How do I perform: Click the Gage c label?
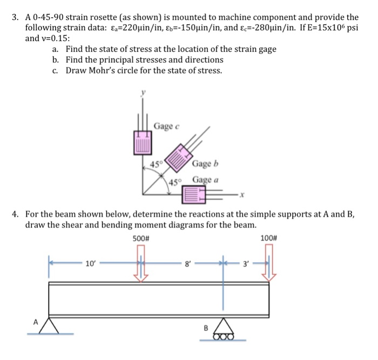[x=166, y=126]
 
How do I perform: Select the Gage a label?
[x=205, y=180]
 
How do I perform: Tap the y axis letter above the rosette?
[x=143, y=93]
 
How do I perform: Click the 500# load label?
[x=140, y=238]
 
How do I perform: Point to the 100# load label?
[x=268, y=238]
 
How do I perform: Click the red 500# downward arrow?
[x=141, y=263]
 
